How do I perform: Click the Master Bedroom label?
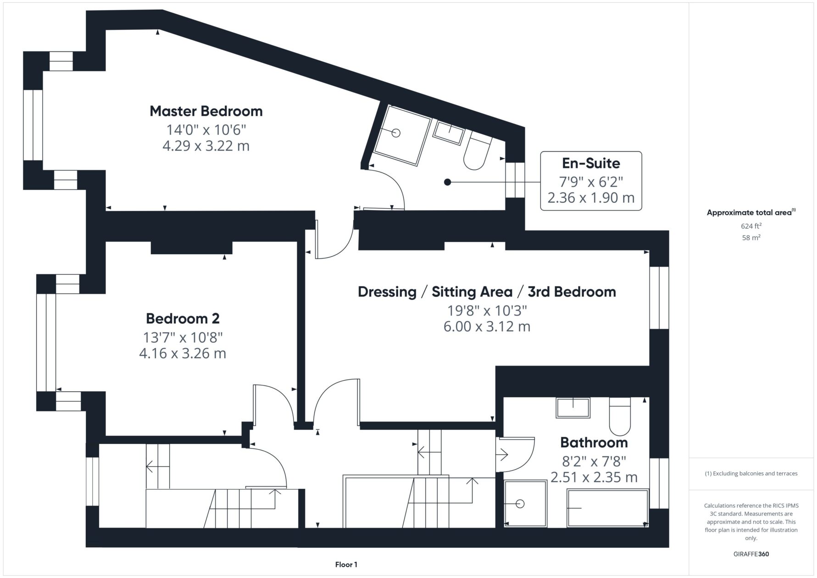coord(206,111)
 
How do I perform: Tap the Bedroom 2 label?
coord(183,318)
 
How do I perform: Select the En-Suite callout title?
coord(591,163)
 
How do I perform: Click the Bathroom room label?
coord(594,443)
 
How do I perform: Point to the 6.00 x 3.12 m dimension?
coord(487,327)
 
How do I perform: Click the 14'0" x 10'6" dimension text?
coord(206,129)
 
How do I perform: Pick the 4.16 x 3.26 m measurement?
coord(183,354)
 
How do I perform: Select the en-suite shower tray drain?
coord(396,133)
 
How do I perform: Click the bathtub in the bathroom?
coord(608,508)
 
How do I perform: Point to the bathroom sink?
coord(573,408)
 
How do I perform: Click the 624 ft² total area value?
coord(751,226)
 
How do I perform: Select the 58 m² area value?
coord(751,238)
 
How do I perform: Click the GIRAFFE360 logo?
coord(751,554)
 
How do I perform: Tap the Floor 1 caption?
coord(346,565)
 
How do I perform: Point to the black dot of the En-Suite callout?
coord(448,182)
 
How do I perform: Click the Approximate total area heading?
coord(751,212)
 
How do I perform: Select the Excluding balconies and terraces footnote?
coord(751,473)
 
